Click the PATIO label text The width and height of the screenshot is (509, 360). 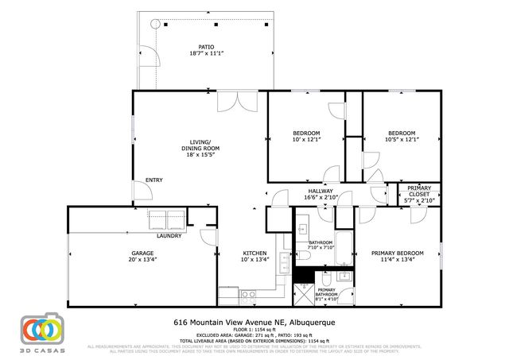[x=205, y=46]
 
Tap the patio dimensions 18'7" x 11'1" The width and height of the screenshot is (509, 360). [x=205, y=53]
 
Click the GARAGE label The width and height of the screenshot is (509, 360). [x=143, y=254]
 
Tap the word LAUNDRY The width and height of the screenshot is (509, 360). [x=169, y=236]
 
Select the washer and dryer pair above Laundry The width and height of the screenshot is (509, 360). [x=167, y=219]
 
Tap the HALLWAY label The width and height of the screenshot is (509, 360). [x=321, y=191]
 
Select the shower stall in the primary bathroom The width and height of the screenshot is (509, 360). [x=303, y=295]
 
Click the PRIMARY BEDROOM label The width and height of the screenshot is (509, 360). [x=398, y=254]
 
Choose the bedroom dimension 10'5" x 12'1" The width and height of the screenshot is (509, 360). [x=401, y=140]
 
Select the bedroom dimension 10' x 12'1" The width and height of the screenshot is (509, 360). [x=306, y=140]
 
